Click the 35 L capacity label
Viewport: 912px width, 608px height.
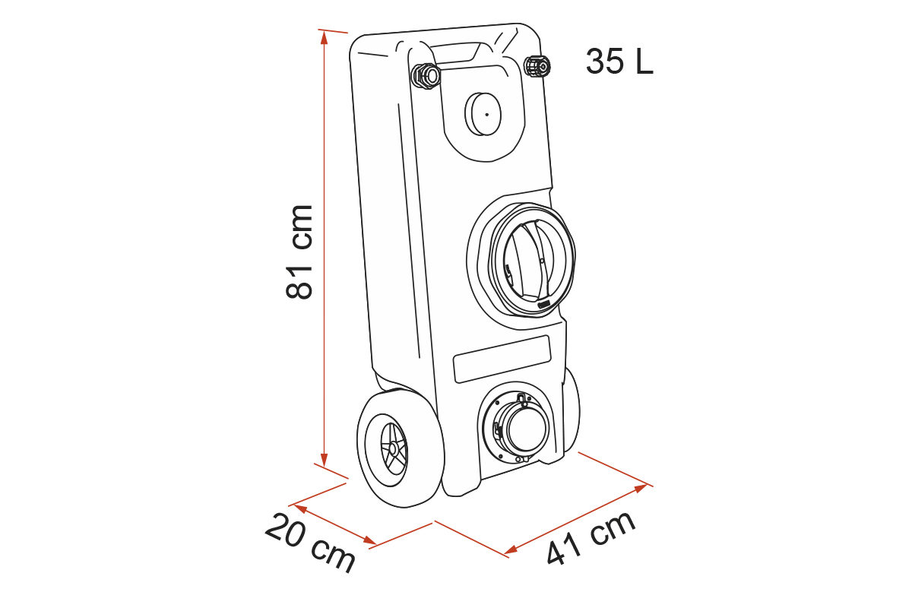coord(619,62)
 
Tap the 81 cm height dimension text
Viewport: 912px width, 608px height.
coord(299,252)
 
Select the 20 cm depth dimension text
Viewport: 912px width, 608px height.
coord(310,543)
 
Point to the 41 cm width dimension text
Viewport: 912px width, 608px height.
coord(591,538)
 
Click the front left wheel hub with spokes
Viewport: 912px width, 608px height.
coord(394,449)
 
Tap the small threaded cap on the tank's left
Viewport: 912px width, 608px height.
coord(426,76)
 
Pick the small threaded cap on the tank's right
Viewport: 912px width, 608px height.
coord(537,66)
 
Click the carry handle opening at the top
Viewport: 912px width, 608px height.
coord(455,52)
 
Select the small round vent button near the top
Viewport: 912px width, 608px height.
coord(483,114)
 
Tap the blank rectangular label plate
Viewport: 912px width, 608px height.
coord(502,359)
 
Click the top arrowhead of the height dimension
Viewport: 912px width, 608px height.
coord(324,37)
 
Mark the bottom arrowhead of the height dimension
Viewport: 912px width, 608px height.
coord(324,460)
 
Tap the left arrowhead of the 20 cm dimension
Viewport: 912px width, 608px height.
coord(300,508)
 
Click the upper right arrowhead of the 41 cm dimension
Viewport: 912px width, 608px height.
coord(641,487)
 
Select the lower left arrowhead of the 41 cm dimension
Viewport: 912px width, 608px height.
coord(511,549)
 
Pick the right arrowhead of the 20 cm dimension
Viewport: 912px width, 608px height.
coord(369,540)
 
